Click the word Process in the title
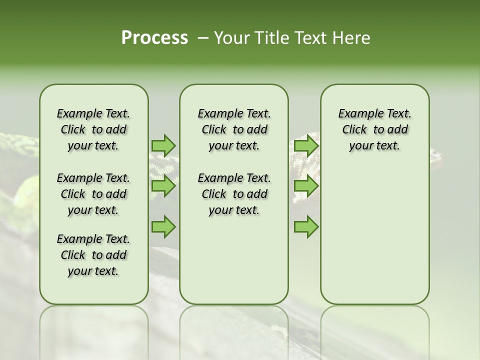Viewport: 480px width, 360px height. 154,38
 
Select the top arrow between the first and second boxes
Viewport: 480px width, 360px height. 163,145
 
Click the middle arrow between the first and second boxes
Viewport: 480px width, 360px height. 163,186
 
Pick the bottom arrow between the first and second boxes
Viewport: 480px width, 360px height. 163,227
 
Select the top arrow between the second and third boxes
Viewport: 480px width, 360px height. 306,145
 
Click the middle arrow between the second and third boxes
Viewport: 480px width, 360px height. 306,186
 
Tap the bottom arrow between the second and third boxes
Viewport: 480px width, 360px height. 306,227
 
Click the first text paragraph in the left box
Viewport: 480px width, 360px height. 93,129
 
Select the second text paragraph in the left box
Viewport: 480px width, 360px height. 93,194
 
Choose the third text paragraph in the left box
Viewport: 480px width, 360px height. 93,255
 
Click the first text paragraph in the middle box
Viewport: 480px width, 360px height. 234,129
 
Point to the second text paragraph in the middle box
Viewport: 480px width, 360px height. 234,194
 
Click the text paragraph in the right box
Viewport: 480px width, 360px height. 375,129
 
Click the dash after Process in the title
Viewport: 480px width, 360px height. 203,38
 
